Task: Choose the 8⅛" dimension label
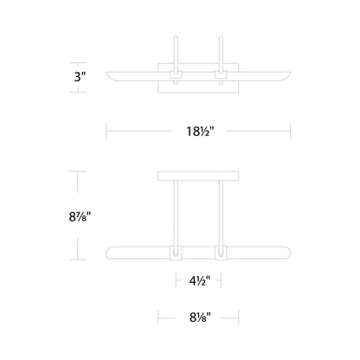pos(198,317)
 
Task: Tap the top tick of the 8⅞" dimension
pos(80,172)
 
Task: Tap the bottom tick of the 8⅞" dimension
pos(80,260)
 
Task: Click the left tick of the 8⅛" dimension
pos(158,317)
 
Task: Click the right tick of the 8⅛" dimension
pos(238,317)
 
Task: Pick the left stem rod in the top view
pos(176,54)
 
